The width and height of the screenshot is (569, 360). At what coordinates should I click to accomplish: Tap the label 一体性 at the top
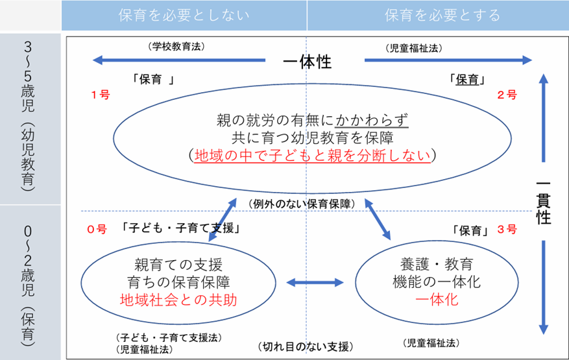(x=308, y=62)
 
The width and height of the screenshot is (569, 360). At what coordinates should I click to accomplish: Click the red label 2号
(x=507, y=95)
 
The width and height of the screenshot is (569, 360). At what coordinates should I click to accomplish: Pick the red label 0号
(x=95, y=229)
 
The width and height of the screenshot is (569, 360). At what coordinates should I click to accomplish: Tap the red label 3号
(x=507, y=229)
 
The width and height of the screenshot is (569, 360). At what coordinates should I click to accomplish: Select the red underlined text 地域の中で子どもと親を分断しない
(x=313, y=156)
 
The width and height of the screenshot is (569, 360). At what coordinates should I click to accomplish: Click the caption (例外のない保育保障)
(x=300, y=204)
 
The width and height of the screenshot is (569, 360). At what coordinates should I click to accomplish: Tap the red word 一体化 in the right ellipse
(x=437, y=300)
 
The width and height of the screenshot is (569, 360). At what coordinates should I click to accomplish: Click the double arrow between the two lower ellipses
(x=314, y=282)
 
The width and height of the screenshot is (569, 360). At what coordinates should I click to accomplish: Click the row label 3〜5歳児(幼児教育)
(x=29, y=117)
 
